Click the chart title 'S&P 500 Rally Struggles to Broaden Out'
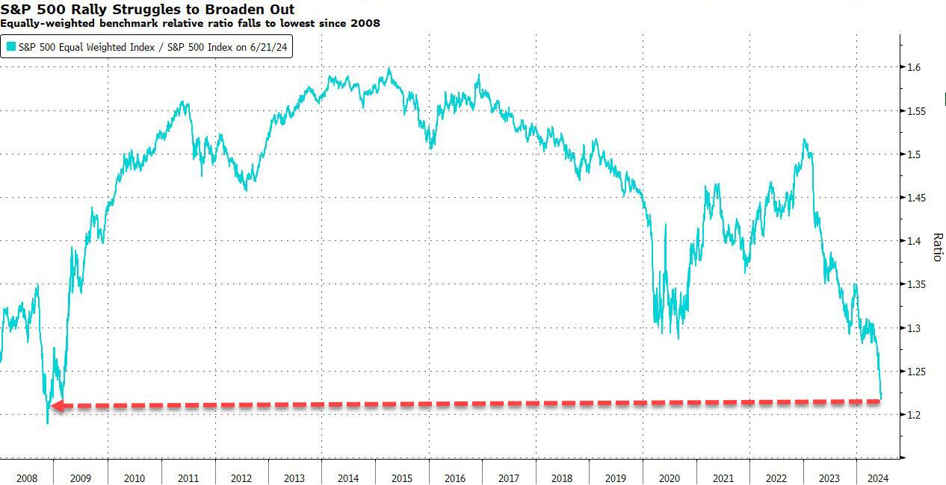(x=147, y=9)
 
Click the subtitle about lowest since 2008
(x=191, y=23)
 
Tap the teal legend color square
(x=11, y=46)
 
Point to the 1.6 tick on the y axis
(x=913, y=68)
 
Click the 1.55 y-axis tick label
(x=916, y=111)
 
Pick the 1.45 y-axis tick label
(x=916, y=198)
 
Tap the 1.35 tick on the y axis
(x=916, y=285)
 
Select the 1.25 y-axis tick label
(x=916, y=372)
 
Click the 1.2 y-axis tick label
(x=913, y=415)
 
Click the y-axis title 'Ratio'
(x=937, y=247)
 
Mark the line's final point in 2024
(x=882, y=397)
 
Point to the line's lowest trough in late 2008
(x=48, y=423)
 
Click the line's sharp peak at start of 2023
(x=804, y=140)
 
